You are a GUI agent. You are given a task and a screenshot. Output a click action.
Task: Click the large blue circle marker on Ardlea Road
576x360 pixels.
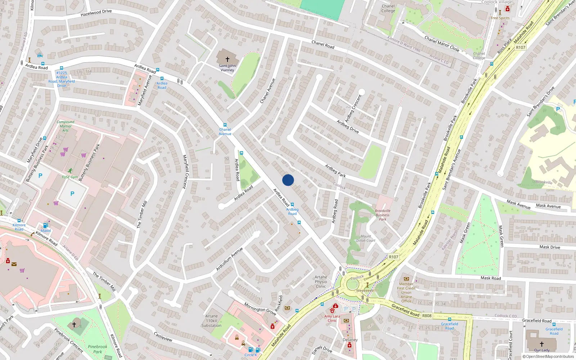[288, 180]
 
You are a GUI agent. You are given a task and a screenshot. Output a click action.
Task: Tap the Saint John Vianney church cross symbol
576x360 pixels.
[227, 59]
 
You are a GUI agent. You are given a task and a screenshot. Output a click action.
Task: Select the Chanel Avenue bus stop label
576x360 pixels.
[225, 131]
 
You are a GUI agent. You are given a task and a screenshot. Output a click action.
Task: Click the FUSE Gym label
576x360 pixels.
[70, 177]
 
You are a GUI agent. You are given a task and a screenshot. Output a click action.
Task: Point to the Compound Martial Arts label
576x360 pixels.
[66, 126]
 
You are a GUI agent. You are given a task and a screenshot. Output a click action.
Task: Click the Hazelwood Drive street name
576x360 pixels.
[96, 13]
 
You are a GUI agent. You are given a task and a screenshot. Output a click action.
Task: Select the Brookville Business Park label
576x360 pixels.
[382, 215]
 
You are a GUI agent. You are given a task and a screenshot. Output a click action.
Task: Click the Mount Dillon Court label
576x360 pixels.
[366, 238]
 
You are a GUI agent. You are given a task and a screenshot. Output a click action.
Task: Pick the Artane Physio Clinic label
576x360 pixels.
[321, 282]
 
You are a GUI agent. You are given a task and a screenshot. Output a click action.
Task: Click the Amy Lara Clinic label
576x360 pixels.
[332, 318]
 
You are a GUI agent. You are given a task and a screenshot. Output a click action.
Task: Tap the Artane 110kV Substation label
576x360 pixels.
[211, 321]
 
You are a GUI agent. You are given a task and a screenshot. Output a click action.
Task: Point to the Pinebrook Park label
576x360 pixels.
[98, 349]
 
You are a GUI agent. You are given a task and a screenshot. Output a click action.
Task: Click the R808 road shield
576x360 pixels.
[427, 316]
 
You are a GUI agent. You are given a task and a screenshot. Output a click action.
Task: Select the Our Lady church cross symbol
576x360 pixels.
[541, 344]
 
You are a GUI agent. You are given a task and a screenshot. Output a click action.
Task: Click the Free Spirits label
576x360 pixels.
[500, 18]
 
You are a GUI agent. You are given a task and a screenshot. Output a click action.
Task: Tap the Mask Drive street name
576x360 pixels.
[550, 247]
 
